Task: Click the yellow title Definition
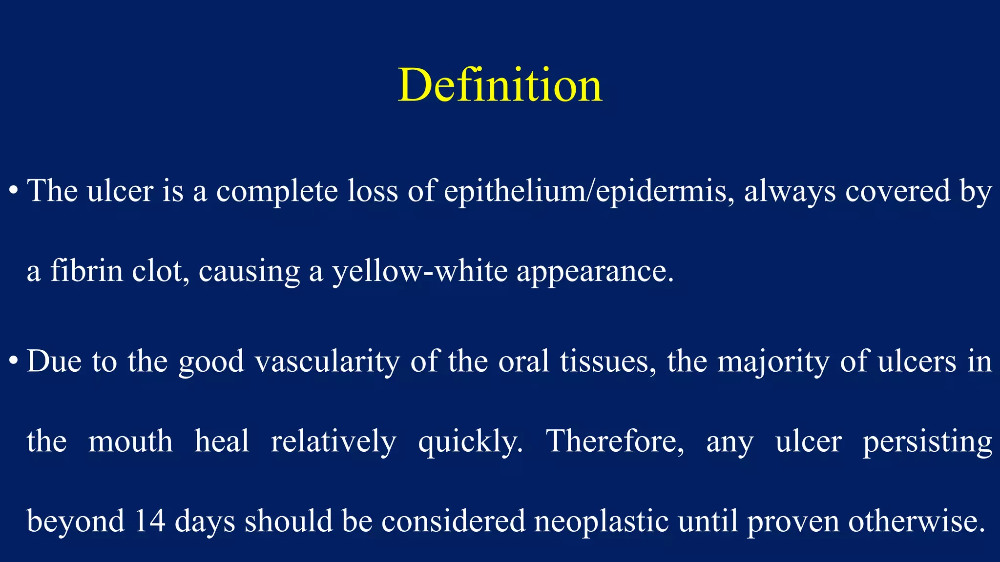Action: click(500, 85)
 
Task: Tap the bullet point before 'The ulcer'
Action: click(14, 190)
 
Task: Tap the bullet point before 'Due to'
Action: click(14, 361)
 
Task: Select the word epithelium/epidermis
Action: click(589, 191)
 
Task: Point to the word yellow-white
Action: click(420, 271)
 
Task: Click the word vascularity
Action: click(327, 362)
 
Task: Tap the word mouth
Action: click(130, 441)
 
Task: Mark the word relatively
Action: click(333, 442)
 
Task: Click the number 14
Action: click(149, 521)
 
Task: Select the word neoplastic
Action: click(601, 522)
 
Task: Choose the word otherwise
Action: click(916, 521)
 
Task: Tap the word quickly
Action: click(470, 442)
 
